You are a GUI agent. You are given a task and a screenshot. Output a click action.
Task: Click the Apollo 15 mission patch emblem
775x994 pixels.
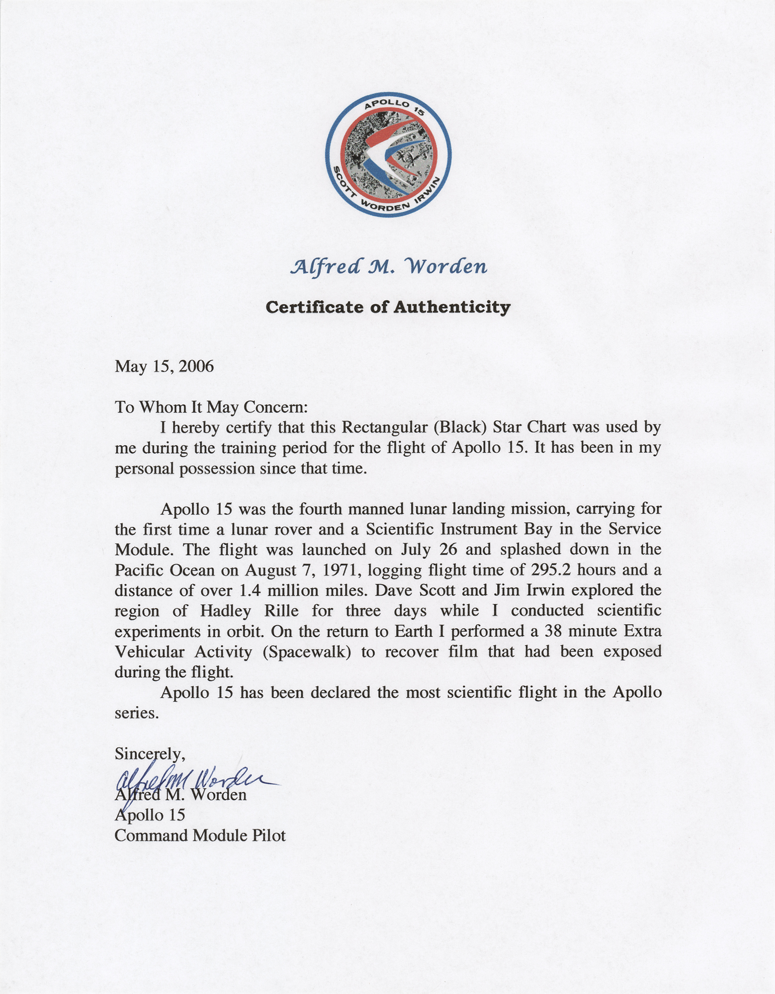pos(388,154)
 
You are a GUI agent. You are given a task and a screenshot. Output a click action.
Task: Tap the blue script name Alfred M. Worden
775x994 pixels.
pos(388,267)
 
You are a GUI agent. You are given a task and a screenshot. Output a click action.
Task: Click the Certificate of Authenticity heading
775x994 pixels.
pos(388,308)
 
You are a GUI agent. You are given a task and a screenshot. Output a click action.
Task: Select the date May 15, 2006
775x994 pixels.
pos(164,367)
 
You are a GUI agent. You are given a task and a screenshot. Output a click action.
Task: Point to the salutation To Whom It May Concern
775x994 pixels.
pos(212,407)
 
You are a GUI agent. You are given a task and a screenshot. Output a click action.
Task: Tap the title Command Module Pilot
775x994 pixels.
pos(200,835)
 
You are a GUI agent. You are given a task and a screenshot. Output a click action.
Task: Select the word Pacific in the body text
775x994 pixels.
pos(139,570)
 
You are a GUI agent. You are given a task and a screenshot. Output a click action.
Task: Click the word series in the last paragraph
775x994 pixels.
pos(136,713)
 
